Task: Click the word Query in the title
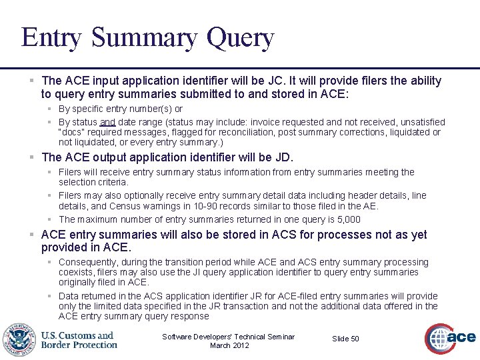coord(240,38)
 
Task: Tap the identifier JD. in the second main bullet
coord(283,157)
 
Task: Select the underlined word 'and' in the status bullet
coord(107,122)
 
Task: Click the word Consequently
coord(89,262)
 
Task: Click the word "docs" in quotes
coord(71,132)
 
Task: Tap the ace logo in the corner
coord(451,338)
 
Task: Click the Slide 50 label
coord(345,339)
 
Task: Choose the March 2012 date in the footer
coord(229,345)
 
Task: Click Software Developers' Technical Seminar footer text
coord(229,337)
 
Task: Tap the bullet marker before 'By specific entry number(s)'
coord(49,109)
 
